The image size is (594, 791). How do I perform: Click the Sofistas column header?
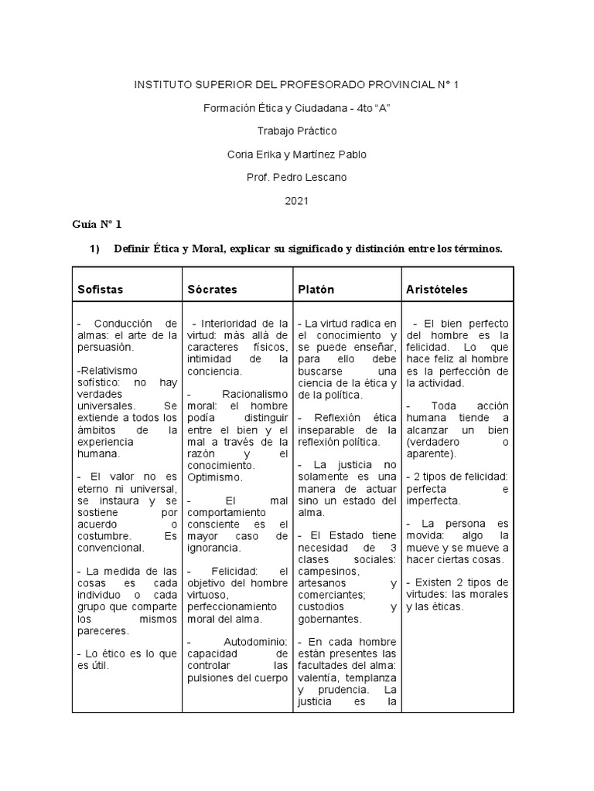coord(100,290)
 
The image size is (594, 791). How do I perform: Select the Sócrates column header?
coord(212,290)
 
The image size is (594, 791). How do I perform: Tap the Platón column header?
coord(316,290)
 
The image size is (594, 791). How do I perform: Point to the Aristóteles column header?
coord(436,290)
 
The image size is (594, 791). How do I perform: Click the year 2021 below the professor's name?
coord(296,201)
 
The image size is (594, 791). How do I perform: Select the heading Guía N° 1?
coord(97,225)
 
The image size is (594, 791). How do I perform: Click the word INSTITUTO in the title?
coord(164,84)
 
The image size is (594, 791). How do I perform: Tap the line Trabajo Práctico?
coord(296,131)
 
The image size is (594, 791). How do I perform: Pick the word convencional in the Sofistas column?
coord(111,548)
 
